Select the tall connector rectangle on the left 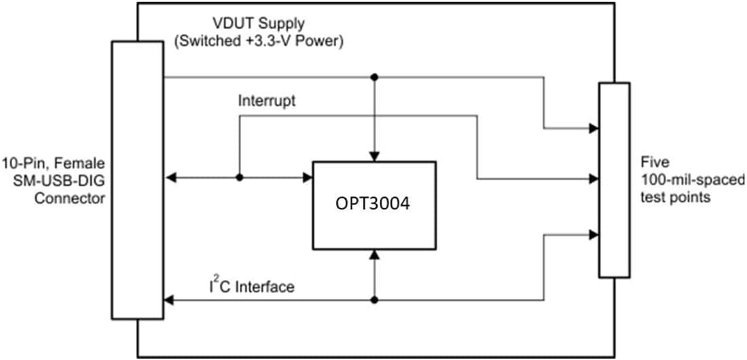[138, 179]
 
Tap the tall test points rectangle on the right [614, 180]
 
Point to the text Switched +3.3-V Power [259, 41]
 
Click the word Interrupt [267, 101]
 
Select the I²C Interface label [251, 287]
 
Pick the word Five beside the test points [655, 164]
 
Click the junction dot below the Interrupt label [239, 178]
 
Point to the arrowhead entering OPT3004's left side [308, 178]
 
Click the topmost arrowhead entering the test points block [594, 128]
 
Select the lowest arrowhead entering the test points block [594, 234]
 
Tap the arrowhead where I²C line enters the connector [168, 300]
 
